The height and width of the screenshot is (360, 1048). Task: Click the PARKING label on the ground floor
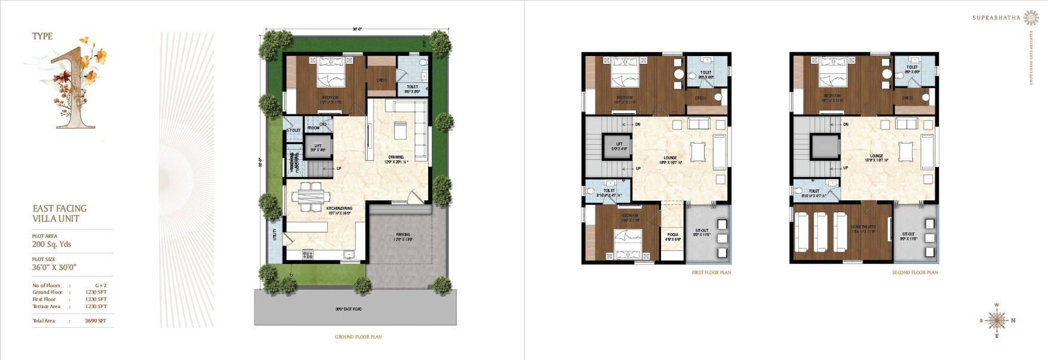click(403, 235)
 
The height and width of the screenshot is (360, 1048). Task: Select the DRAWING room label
click(396, 157)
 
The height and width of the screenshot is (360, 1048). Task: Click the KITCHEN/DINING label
click(339, 209)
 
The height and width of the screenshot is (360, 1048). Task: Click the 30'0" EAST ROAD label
click(349, 309)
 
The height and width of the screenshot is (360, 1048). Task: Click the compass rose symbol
click(996, 321)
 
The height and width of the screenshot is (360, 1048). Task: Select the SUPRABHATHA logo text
click(996, 18)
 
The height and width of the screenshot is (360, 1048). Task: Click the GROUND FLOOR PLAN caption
click(358, 337)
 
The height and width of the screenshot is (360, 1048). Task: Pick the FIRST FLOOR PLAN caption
click(711, 272)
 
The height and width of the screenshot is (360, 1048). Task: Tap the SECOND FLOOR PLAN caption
click(915, 272)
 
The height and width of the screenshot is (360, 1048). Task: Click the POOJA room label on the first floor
click(673, 234)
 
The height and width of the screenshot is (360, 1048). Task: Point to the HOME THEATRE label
click(863, 227)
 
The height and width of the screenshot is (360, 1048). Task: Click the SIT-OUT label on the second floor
click(909, 234)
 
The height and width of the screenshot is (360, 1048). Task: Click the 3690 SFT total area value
click(95, 321)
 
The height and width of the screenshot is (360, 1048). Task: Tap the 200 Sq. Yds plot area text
click(52, 244)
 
